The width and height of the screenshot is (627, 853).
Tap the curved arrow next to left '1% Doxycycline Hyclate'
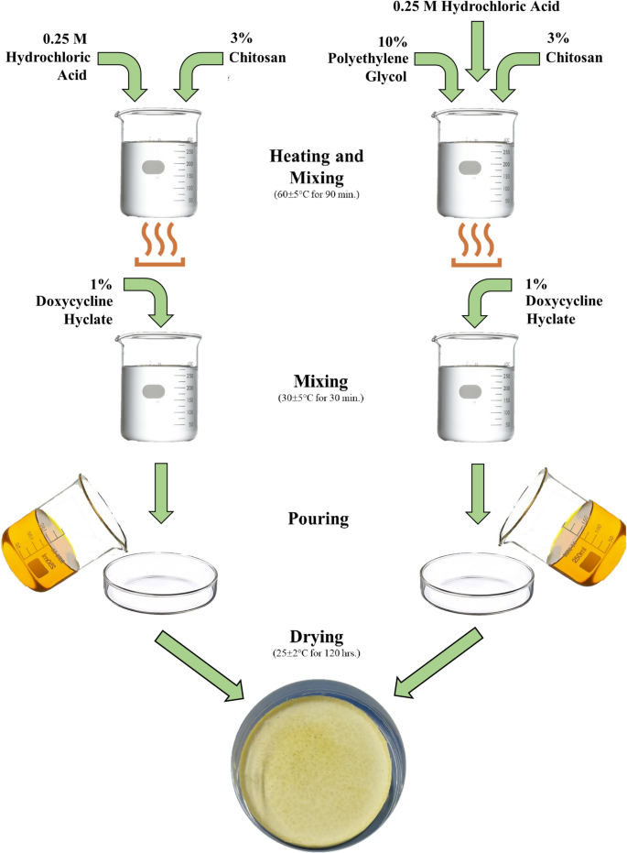pos(153,301)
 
